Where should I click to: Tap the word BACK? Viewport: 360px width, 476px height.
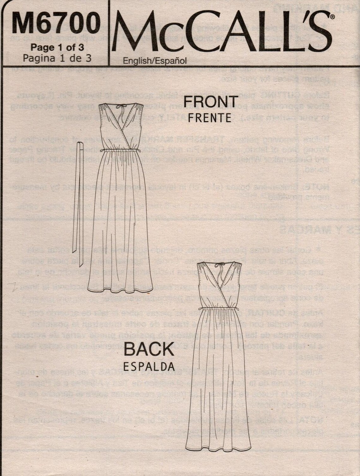pos(149,349)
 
